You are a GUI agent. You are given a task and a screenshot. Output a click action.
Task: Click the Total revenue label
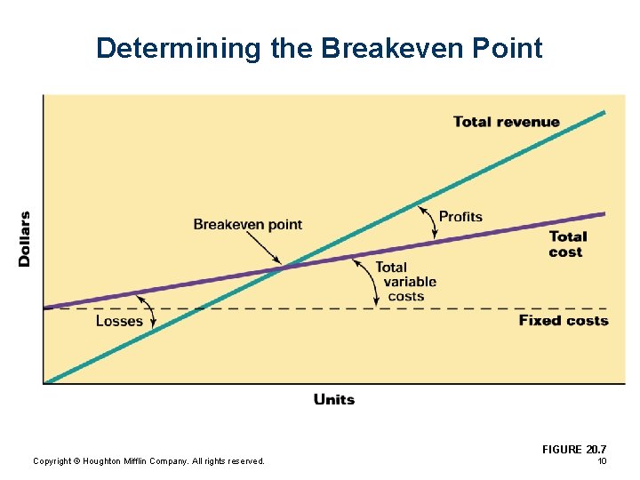[506, 122]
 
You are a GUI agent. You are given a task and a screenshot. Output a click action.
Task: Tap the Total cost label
[567, 244]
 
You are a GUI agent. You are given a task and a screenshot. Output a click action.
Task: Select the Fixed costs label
[564, 320]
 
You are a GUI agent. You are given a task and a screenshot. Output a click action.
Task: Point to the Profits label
[460, 216]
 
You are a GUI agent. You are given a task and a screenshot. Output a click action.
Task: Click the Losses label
[119, 321]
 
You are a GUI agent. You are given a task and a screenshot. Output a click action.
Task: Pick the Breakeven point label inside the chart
[247, 224]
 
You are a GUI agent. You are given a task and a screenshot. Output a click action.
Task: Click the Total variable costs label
[405, 281]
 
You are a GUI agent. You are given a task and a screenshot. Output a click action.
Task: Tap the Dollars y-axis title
[25, 238]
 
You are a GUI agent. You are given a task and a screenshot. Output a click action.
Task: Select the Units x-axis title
[334, 399]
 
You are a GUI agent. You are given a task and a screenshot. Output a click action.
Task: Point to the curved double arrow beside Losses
[149, 311]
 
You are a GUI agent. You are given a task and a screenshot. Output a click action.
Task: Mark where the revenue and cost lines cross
[283, 265]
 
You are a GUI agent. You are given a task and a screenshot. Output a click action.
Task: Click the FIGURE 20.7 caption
[573, 450]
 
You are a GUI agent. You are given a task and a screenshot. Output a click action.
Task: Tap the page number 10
[602, 460]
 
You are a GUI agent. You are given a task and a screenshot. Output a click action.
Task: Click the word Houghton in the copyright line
[107, 460]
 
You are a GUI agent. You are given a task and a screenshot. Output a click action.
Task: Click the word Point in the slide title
[509, 48]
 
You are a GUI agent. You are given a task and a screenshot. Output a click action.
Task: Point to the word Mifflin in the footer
[146, 460]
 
